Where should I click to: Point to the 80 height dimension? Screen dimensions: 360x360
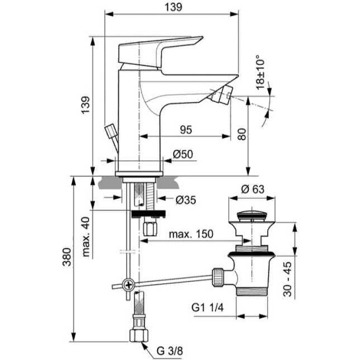point(241,134)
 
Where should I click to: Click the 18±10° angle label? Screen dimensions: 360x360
point(261,75)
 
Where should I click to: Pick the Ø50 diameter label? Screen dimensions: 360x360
point(183,154)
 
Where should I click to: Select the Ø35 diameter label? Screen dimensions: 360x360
point(186,199)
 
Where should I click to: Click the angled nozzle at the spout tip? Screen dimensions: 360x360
point(223,96)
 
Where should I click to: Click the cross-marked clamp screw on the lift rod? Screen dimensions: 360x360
point(128,285)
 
